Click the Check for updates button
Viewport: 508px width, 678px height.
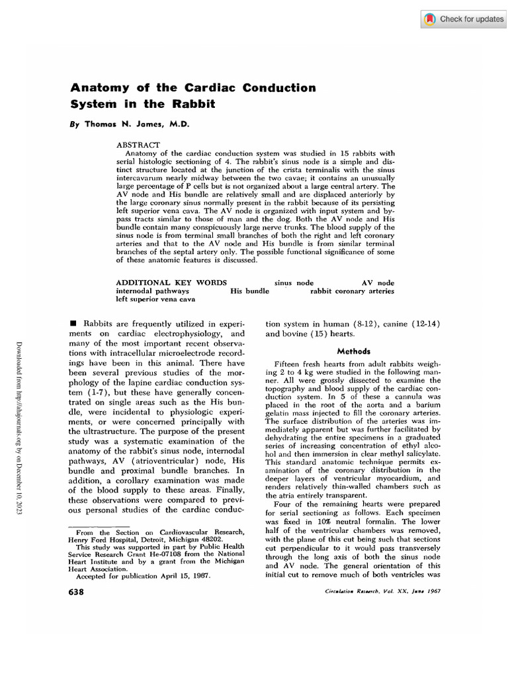[464, 19]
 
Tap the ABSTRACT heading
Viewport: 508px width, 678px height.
[138, 144]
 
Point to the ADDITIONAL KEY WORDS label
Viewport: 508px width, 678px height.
[171, 283]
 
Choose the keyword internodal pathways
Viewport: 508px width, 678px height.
[153, 291]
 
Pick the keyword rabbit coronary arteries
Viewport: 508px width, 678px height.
[352, 291]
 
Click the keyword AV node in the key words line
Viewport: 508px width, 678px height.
[378, 283]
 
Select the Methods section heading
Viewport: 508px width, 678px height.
[354, 351]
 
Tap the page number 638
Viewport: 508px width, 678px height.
[77, 591]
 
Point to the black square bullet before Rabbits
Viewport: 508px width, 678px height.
[73, 322]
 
